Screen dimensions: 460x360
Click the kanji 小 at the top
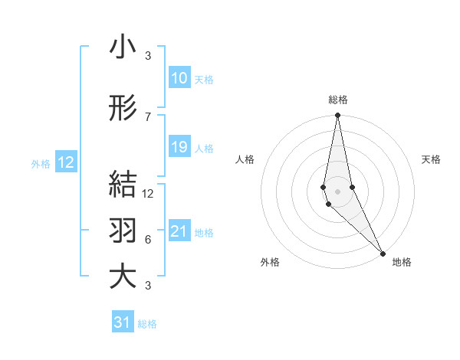point(122,47)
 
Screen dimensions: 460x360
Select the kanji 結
point(122,185)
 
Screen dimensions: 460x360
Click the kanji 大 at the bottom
point(122,276)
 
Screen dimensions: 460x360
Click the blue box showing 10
point(179,78)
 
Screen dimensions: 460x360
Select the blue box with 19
point(179,147)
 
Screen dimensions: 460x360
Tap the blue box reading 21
point(179,231)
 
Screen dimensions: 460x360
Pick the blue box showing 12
point(65,162)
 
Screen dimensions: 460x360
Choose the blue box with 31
point(123,322)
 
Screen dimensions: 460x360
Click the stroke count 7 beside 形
point(147,116)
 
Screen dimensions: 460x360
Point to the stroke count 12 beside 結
point(148,194)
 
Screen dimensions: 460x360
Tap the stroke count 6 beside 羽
point(147,239)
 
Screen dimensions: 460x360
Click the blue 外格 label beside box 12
point(41,163)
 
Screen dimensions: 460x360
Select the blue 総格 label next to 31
point(148,324)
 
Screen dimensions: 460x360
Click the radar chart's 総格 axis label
point(337,100)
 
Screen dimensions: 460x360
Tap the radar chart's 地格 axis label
point(402,262)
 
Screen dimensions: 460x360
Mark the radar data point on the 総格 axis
point(337,116)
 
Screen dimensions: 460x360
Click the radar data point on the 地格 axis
point(383,252)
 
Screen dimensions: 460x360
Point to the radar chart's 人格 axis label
point(245,159)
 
